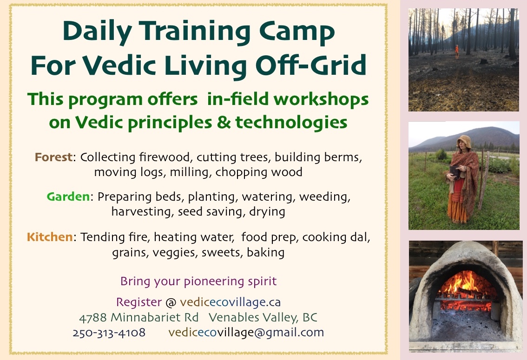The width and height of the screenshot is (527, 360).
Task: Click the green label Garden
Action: pyautogui.click(x=68, y=197)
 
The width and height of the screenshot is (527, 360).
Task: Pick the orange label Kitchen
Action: pyautogui.click(x=50, y=237)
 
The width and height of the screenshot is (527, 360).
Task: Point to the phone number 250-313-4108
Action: pyautogui.click(x=109, y=333)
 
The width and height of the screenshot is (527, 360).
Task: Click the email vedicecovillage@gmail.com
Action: pyautogui.click(x=246, y=333)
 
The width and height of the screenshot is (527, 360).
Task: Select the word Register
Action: pyautogui.click(x=139, y=302)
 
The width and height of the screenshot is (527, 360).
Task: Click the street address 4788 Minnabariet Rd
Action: pyautogui.click(x=138, y=318)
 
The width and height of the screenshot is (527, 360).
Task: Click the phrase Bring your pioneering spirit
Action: pyautogui.click(x=198, y=281)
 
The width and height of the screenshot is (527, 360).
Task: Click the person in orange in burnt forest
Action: pyautogui.click(x=456, y=51)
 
